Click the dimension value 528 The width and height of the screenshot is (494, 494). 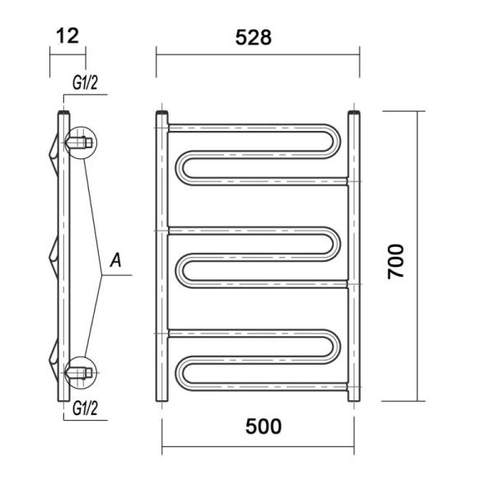(x=254, y=38)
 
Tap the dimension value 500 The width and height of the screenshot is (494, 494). (x=263, y=426)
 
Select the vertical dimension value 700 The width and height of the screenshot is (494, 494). (x=396, y=262)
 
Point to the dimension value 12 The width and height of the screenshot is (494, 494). (x=68, y=36)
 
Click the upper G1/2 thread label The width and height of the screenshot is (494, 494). (x=85, y=83)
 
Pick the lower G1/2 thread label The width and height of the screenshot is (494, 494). (x=85, y=408)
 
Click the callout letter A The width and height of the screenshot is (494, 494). (x=115, y=260)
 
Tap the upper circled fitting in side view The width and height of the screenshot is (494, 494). (x=81, y=142)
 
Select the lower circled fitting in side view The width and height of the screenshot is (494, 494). (x=81, y=373)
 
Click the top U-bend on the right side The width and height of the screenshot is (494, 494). (x=337, y=141)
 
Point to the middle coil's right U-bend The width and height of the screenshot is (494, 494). (x=337, y=244)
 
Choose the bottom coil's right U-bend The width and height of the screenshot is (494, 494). (x=337, y=347)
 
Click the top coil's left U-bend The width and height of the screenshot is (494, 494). (x=179, y=168)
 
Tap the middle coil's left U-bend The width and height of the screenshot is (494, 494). (x=179, y=270)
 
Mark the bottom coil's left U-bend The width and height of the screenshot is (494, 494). (x=179, y=373)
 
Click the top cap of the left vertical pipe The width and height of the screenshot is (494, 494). (x=162, y=113)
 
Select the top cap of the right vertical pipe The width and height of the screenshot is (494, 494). (x=354, y=113)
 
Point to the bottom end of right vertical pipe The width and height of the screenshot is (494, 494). (x=354, y=399)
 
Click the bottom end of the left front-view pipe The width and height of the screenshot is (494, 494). (x=162, y=399)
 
